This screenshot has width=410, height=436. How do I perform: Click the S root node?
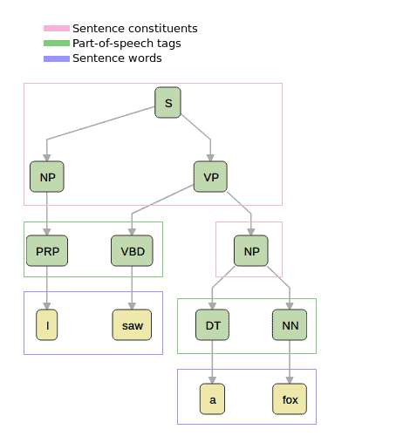pyautogui.click(x=167, y=103)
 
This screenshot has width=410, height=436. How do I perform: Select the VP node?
pyautogui.click(x=210, y=177)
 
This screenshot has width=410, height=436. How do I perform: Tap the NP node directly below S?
pyautogui.click(x=47, y=177)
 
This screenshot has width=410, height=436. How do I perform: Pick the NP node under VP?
pyautogui.click(x=251, y=251)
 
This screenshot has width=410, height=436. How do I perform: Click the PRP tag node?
pyautogui.click(x=47, y=251)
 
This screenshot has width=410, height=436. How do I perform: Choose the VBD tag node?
pyautogui.click(x=132, y=251)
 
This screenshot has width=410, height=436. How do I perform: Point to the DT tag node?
pyautogui.click(x=212, y=325)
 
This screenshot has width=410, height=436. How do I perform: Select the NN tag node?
pyautogui.click(x=290, y=325)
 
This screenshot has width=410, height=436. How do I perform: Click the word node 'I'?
pyautogui.click(x=47, y=325)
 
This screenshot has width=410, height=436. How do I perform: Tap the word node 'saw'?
pyautogui.click(x=132, y=325)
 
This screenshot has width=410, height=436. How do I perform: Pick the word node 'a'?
pyautogui.click(x=212, y=399)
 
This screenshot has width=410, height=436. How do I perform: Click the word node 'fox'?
pyautogui.click(x=290, y=399)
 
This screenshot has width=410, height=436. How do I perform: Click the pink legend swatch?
pyautogui.click(x=57, y=28)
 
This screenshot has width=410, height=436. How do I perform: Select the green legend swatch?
pyautogui.click(x=57, y=44)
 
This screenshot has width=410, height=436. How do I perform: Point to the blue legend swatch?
pyautogui.click(x=57, y=58)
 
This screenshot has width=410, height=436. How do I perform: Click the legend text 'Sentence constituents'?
pyautogui.click(x=135, y=29)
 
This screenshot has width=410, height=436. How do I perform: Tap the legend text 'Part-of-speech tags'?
pyautogui.click(x=126, y=44)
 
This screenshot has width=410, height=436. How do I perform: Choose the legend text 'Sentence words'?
pyautogui.click(x=117, y=58)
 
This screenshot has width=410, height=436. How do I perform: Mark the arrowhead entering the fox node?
pyautogui.click(x=290, y=380)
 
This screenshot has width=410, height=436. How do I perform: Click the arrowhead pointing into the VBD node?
pyautogui.click(x=132, y=232)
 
